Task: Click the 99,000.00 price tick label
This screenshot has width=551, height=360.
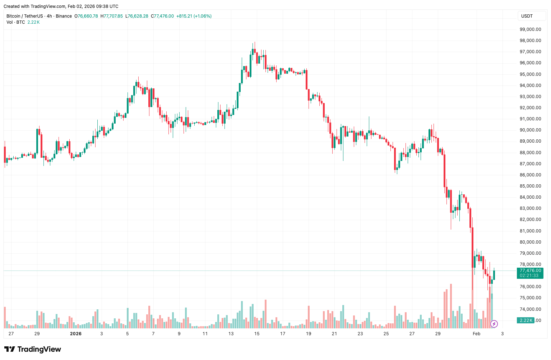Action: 530,29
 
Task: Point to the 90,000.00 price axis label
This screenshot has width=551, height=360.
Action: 530,130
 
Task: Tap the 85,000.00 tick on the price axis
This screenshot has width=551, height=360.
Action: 530,186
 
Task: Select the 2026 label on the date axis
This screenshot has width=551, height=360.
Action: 76,334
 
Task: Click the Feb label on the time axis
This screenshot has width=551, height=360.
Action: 476,334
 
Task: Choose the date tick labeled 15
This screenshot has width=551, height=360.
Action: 257,334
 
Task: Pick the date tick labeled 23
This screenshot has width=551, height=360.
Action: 360,334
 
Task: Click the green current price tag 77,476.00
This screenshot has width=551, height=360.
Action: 530,271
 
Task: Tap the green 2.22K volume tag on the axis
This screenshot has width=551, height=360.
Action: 526,320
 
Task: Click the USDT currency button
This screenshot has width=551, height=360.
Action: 527,16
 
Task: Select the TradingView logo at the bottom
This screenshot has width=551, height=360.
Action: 33,349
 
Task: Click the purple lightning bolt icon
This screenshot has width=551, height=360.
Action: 494,324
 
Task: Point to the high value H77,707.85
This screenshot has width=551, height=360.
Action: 112,16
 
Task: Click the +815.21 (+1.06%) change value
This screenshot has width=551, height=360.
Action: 194,16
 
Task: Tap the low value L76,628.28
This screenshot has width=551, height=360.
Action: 137,16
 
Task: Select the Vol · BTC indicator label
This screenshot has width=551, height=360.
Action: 16,22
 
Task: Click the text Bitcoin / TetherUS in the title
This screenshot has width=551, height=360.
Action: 24,16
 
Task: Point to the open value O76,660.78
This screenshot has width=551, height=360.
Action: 86,16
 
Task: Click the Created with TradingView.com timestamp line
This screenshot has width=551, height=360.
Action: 61,6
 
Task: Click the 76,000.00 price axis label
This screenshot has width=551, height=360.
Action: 530,287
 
